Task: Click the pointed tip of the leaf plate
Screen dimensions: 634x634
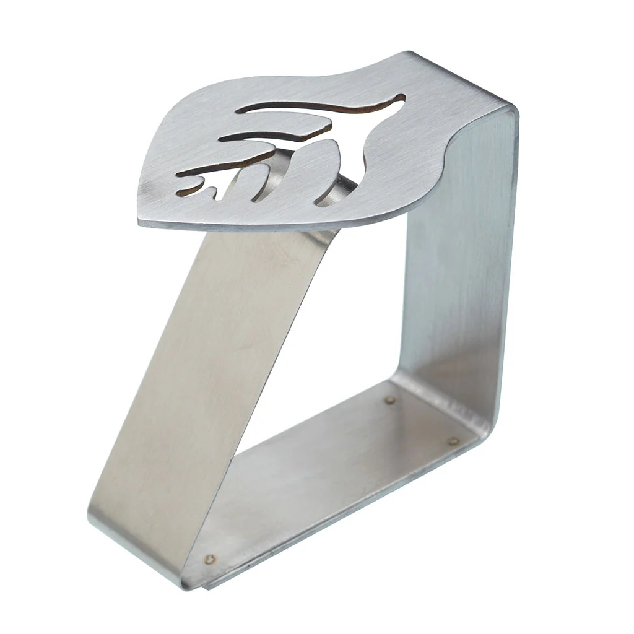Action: tap(144, 220)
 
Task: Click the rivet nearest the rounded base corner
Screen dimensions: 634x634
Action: tap(453, 441)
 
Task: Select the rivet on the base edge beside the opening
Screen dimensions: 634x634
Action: tap(389, 400)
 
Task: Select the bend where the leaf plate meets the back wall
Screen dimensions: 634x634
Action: tap(471, 105)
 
